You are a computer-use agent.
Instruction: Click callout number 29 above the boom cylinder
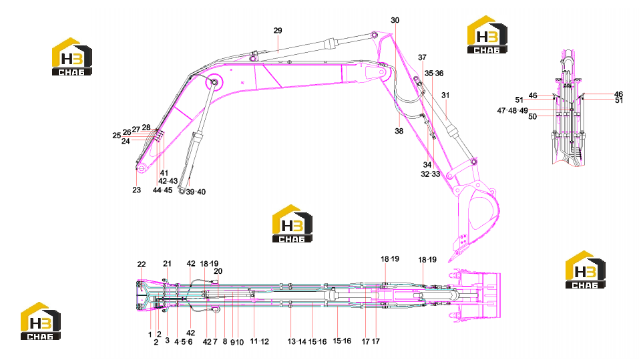pyautogui.click(x=278, y=31)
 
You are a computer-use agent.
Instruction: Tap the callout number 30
pyautogui.click(x=395, y=21)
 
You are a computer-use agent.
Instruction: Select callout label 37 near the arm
pyautogui.click(x=422, y=57)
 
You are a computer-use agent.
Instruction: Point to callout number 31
pyautogui.click(x=445, y=96)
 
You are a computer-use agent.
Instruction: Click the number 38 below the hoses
pyautogui.click(x=399, y=131)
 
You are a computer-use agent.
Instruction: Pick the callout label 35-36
pyautogui.click(x=434, y=73)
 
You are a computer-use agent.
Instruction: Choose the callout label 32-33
pyautogui.click(x=431, y=174)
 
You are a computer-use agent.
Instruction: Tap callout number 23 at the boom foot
pyautogui.click(x=136, y=190)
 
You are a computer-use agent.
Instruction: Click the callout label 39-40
pyautogui.click(x=196, y=192)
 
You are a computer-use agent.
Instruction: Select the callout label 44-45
pyautogui.click(x=163, y=190)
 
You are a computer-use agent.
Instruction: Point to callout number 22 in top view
pyautogui.click(x=142, y=264)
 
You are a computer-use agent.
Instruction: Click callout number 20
pyautogui.click(x=218, y=271)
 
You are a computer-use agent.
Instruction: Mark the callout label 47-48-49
pyautogui.click(x=513, y=110)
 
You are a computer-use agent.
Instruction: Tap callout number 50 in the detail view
pyautogui.click(x=532, y=117)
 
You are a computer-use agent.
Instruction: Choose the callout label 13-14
pyautogui.click(x=297, y=342)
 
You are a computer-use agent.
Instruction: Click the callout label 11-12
pyautogui.click(x=260, y=342)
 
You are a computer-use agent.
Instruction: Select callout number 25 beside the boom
pyautogui.click(x=117, y=136)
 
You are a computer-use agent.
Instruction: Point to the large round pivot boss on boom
pyautogui.click(x=214, y=82)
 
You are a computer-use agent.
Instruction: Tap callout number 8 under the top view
pyautogui.click(x=225, y=342)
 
